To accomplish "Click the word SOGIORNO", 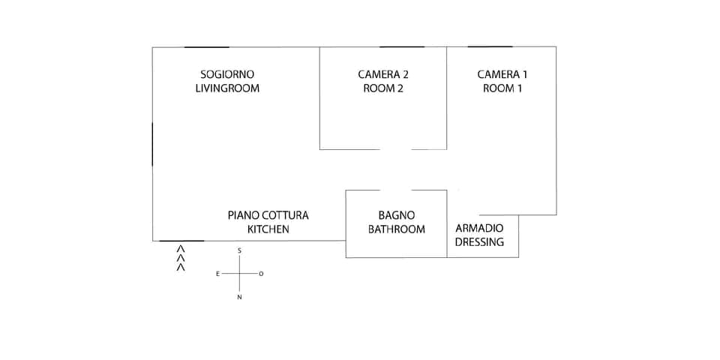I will click(227, 74).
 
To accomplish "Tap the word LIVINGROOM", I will click(227, 88).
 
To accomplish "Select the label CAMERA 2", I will click(383, 74).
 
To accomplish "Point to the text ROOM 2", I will click(383, 88).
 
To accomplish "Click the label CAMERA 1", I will click(502, 74).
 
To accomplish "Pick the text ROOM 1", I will click(502, 88).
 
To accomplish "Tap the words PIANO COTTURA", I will click(268, 215).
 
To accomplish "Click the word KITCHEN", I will click(268, 229).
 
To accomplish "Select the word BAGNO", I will click(396, 215).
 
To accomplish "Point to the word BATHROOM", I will click(396, 229).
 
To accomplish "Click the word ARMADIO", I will click(479, 228).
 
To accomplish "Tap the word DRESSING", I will click(479, 242).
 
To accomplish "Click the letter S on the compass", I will click(239, 250).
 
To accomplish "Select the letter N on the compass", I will click(239, 298).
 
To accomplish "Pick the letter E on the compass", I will click(218, 274).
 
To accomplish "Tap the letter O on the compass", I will click(261, 274).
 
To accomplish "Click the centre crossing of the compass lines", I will click(239, 274).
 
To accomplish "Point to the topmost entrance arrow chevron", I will click(180, 248).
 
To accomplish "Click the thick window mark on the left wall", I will click(152, 144).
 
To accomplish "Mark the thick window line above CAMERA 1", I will click(490, 46).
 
